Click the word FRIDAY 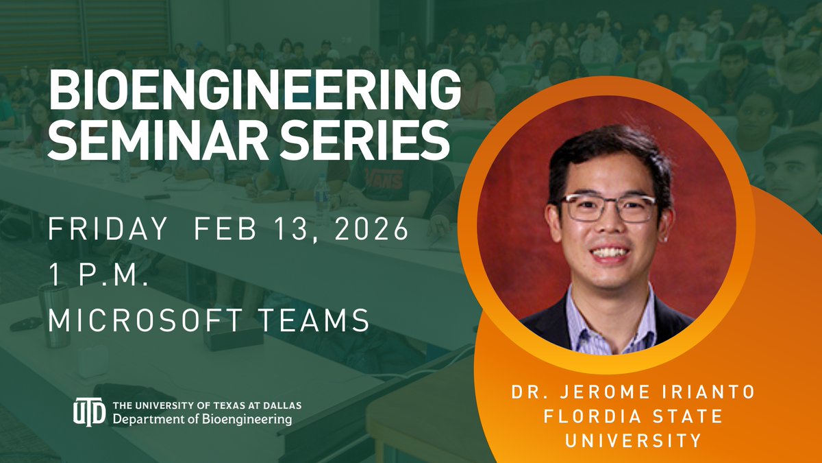[x=108, y=228]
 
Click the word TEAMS [x=320, y=318]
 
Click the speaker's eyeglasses [x=607, y=207]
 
